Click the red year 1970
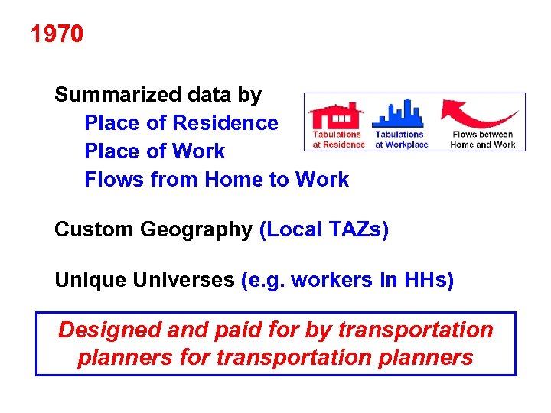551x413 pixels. click(x=57, y=34)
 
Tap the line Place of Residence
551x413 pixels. click(x=181, y=123)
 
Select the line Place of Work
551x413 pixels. click(x=155, y=151)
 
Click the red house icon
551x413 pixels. click(x=334, y=115)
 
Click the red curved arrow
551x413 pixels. click(x=479, y=115)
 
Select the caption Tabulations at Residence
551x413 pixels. click(x=338, y=139)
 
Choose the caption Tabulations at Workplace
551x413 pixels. click(x=401, y=139)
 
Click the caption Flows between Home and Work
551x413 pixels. click(x=483, y=139)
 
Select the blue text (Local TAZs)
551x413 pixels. click(x=324, y=230)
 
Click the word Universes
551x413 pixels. click(x=182, y=281)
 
